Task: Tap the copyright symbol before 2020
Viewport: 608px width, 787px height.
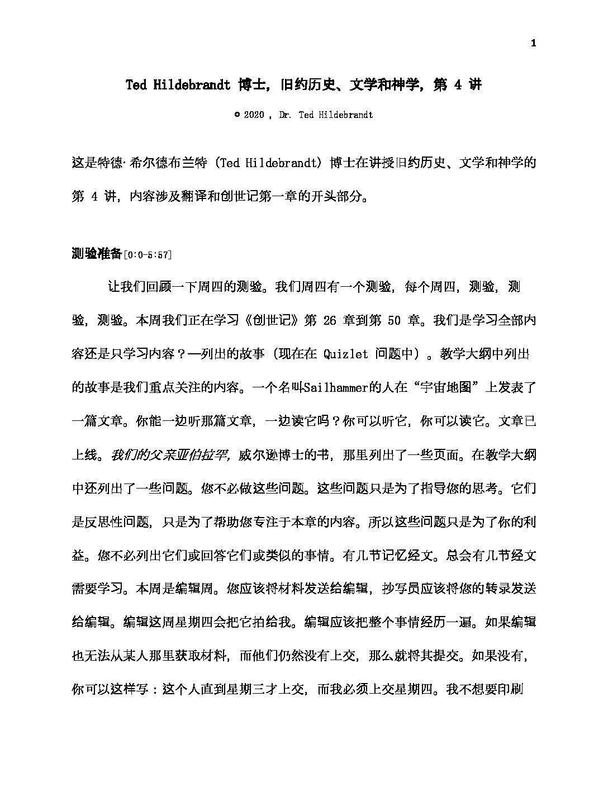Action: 237,115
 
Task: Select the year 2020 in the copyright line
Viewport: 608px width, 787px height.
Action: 254,115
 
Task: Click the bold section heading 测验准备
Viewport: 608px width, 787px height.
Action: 97,254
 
